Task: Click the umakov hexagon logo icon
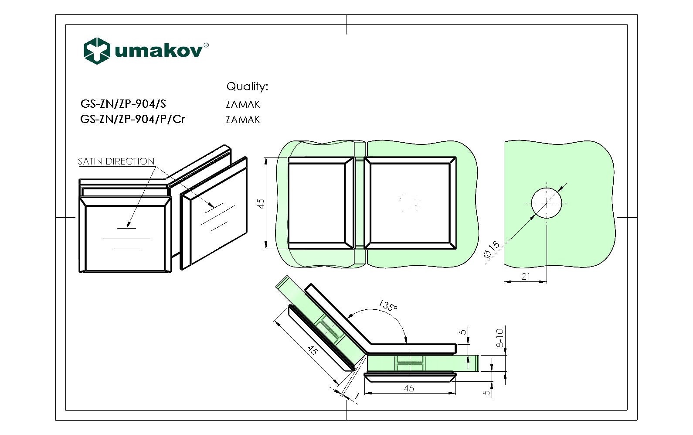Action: coord(96,51)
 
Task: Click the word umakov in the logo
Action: coord(159,51)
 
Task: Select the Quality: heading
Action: coord(247,86)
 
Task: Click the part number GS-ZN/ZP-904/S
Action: coord(123,104)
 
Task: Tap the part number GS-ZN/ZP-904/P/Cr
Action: coord(132,119)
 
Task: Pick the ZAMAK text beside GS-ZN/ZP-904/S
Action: coord(243,105)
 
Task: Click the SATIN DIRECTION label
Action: coord(116,161)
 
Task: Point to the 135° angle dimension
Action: coord(387,305)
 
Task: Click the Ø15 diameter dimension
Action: coord(492,250)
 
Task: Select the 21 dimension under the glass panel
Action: coord(526,276)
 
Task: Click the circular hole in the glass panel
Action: coord(547,203)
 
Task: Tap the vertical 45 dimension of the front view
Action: coord(261,203)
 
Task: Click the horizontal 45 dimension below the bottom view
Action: coord(409,388)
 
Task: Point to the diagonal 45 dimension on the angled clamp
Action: coord(312,350)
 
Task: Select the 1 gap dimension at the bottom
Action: coord(356,396)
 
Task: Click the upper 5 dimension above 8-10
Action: coord(463,332)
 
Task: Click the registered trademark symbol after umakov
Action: coord(206,45)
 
